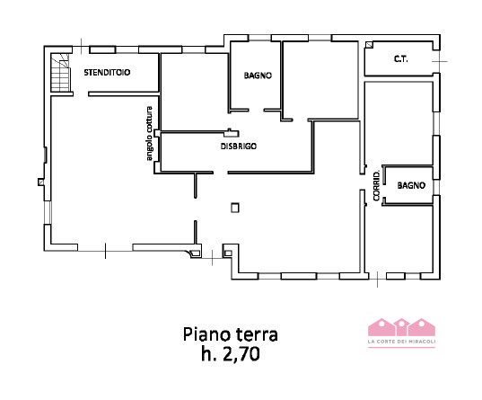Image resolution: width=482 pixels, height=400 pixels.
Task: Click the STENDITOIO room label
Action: (x=107, y=73)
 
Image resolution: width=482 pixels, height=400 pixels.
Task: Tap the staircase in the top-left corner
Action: (x=60, y=73)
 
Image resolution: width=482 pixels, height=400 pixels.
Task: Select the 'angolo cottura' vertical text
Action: (x=149, y=133)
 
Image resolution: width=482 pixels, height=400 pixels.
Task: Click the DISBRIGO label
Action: (x=239, y=147)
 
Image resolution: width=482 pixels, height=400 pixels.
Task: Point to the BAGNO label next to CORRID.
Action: (x=411, y=185)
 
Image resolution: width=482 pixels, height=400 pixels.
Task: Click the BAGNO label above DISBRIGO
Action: (x=258, y=76)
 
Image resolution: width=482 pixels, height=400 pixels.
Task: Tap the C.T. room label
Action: (x=401, y=58)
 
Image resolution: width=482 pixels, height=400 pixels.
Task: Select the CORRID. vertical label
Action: (x=377, y=186)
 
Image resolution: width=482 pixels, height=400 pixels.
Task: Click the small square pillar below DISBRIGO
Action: (x=235, y=208)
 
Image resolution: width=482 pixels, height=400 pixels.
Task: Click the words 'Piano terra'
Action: (x=231, y=334)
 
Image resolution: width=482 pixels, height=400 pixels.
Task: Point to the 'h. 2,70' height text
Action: (x=231, y=354)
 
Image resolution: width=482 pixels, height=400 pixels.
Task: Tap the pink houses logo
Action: (x=401, y=327)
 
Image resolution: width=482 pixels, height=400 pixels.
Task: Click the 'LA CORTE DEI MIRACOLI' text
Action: (x=401, y=342)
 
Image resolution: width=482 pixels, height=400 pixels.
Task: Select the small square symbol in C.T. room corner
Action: (x=369, y=45)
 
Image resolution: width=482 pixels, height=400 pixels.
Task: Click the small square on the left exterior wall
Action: (x=41, y=182)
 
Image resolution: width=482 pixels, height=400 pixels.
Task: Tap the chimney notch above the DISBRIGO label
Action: (x=232, y=133)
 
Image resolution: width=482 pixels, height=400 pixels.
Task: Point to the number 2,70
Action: (x=241, y=354)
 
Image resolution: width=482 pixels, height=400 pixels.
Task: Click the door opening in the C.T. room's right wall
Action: (x=437, y=61)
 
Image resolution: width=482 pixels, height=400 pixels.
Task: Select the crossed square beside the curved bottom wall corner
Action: (x=196, y=253)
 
